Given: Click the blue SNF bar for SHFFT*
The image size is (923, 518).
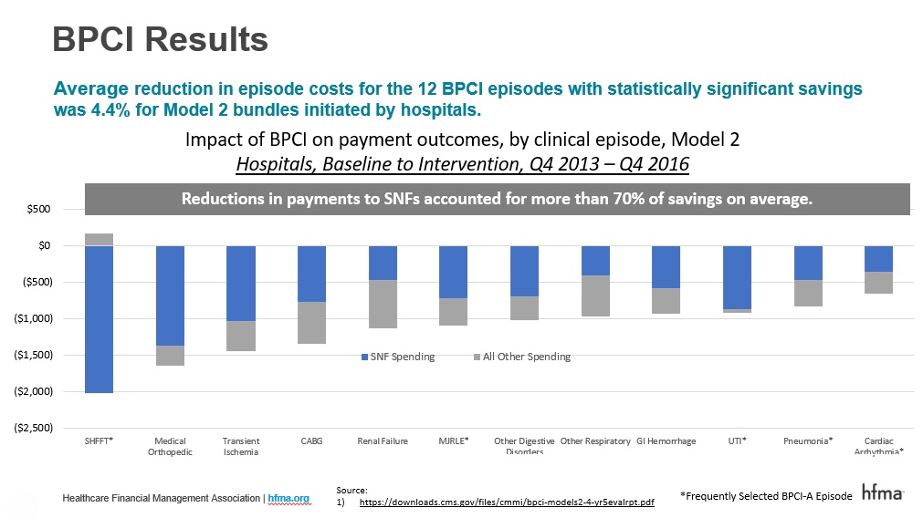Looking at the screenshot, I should coord(99,319).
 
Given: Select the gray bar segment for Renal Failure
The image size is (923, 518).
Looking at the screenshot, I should coord(382,304).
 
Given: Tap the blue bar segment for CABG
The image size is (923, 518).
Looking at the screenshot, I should coord(311,274).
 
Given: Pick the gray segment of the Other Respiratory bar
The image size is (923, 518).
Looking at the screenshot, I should coord(594,295).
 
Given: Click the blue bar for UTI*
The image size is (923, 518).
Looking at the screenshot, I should coord(736,277).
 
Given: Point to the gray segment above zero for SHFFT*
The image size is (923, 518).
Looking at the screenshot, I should coord(99,239).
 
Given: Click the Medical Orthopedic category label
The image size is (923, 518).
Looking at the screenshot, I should coord(170,446).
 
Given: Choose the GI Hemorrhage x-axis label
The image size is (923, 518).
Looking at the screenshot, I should coord(666,441).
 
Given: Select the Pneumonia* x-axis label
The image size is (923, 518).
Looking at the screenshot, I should coord(807,441).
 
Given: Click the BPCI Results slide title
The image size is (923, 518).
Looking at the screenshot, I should coord(160,38).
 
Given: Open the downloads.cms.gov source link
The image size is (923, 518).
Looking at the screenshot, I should coord(507,502).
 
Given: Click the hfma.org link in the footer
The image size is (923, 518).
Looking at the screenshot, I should coord(288,498).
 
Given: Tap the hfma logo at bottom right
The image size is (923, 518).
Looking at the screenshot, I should coord(882,493).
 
